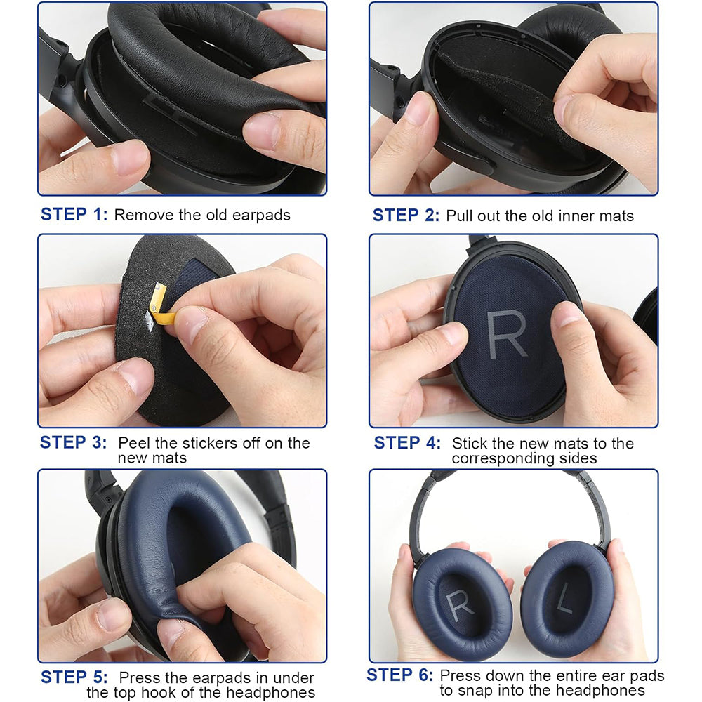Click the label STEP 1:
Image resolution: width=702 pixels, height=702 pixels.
(x=74, y=214)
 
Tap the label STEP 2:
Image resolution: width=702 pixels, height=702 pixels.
(x=406, y=215)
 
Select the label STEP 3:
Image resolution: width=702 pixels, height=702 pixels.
(x=73, y=443)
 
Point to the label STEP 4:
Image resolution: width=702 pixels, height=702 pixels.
(x=407, y=443)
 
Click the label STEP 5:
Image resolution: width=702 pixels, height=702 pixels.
(x=74, y=677)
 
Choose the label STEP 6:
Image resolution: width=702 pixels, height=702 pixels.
(x=399, y=675)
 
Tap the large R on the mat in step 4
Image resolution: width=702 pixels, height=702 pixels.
(x=506, y=331)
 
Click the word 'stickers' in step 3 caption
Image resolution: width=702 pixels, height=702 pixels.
(x=209, y=444)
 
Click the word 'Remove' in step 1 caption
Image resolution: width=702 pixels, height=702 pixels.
(x=143, y=215)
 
